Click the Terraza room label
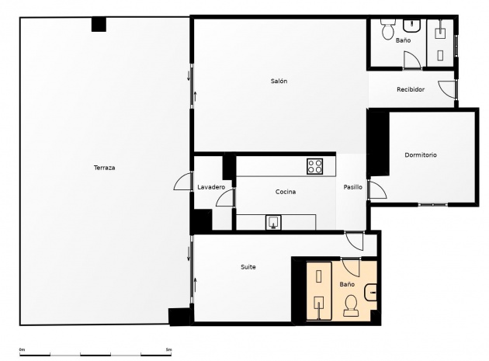tap(105, 168)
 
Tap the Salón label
tap(279, 81)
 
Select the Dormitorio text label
tap(421, 154)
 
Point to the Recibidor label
tap(411, 89)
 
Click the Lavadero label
tap(211, 187)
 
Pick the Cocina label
tap(286, 192)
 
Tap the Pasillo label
tap(352, 187)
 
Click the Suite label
tap(248, 267)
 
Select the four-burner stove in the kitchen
tap(314, 166)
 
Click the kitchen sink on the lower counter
tap(273, 223)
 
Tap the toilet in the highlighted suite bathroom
tap(351, 305)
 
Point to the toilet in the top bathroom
tap(388, 29)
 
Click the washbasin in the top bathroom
tap(412, 26)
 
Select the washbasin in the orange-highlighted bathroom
tap(370, 293)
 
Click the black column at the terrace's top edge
tap(99, 24)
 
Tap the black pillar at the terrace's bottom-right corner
tap(179, 317)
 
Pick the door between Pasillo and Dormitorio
tap(377, 189)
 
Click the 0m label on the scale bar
tap(22, 349)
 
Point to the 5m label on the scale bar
tap(168, 349)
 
